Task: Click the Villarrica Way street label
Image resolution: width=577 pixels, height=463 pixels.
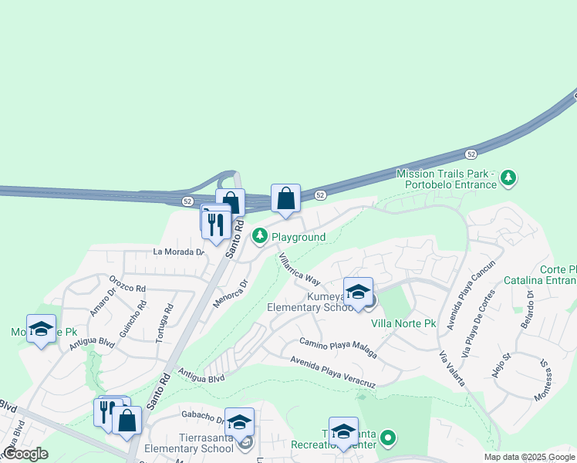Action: [x=299, y=269]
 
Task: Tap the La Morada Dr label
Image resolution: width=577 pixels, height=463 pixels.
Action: [x=179, y=252]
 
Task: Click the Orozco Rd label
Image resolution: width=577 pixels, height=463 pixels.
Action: [x=127, y=284]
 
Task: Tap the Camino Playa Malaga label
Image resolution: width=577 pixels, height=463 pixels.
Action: [x=338, y=347]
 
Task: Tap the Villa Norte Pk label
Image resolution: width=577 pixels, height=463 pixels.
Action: [x=403, y=323]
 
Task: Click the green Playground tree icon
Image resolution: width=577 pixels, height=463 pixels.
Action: [x=261, y=235]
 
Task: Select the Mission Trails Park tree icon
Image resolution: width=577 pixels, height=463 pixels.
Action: [x=508, y=178]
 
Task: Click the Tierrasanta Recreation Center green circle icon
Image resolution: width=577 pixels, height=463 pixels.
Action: [x=389, y=440]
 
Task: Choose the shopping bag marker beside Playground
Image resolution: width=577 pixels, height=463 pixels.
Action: [x=285, y=198]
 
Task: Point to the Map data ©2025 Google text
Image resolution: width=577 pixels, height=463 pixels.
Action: [x=528, y=457]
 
